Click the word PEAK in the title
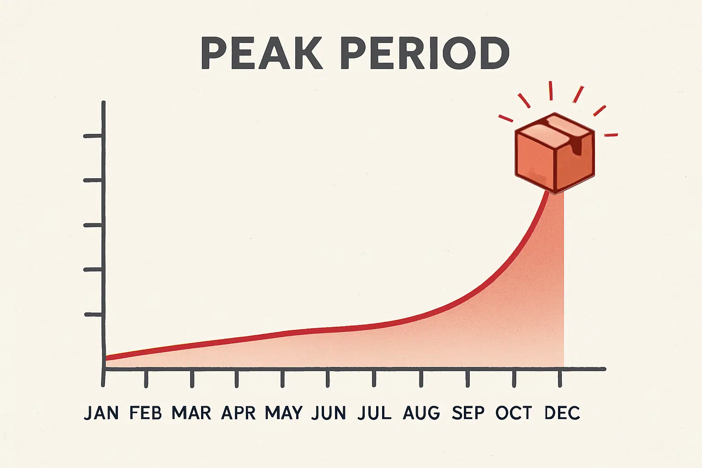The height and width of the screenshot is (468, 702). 262,53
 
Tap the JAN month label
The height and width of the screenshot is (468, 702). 101,413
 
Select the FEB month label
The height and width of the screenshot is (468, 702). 146,413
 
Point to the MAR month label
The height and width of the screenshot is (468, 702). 191,413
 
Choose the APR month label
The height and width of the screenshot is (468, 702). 238,413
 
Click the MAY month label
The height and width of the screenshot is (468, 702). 284,413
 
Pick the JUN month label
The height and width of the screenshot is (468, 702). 329,413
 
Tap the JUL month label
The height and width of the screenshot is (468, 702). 374,413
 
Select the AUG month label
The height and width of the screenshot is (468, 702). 421,413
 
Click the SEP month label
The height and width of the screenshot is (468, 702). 468,413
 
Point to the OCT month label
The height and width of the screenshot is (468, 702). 514,413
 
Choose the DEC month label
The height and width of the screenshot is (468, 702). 562,413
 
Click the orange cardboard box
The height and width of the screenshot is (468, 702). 555,153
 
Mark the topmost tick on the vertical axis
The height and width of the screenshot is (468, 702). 93,136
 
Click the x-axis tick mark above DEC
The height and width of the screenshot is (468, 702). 560,378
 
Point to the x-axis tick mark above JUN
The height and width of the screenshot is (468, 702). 328,378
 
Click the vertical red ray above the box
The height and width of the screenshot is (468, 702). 550,90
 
